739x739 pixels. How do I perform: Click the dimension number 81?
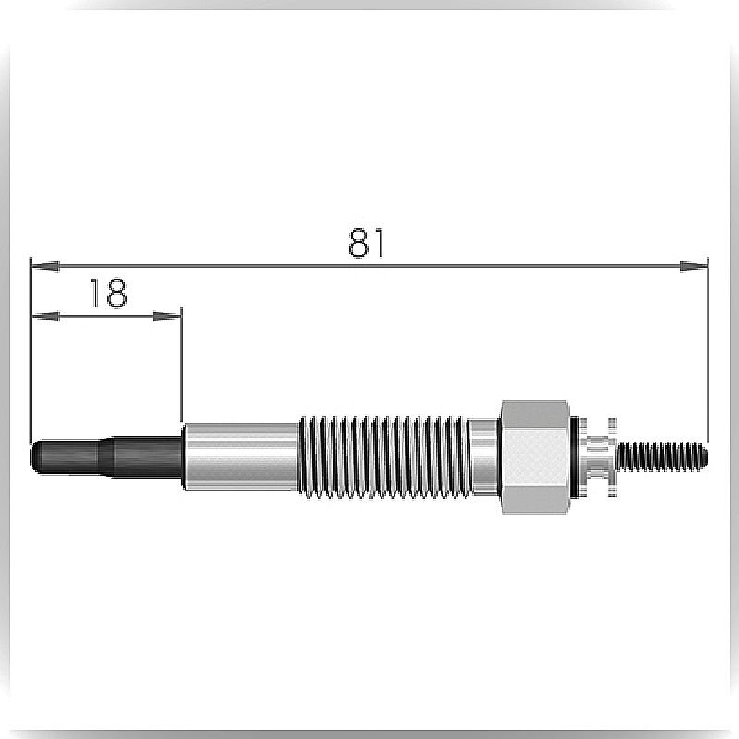(366, 243)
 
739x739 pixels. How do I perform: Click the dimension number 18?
(108, 293)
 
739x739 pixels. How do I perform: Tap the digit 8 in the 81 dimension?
(358, 243)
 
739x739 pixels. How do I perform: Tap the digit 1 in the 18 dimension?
(95, 293)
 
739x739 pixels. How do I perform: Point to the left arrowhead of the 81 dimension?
(45, 266)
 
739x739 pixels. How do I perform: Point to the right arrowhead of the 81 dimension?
(694, 266)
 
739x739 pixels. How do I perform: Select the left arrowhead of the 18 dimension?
(45, 316)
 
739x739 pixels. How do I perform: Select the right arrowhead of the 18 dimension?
(167, 316)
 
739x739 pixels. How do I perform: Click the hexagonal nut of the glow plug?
(534, 456)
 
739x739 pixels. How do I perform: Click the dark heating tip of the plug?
(107, 456)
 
